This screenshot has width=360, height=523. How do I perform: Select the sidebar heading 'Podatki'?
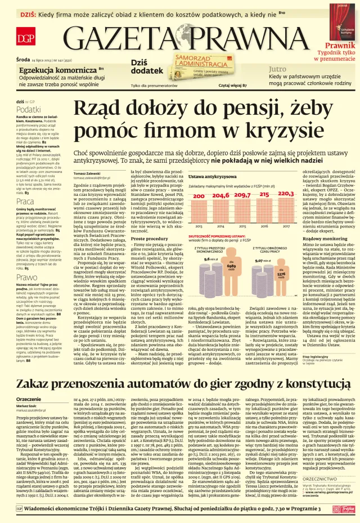[x=28, y=109]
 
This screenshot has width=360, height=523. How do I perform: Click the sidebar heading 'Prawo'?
[x=26, y=278]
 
